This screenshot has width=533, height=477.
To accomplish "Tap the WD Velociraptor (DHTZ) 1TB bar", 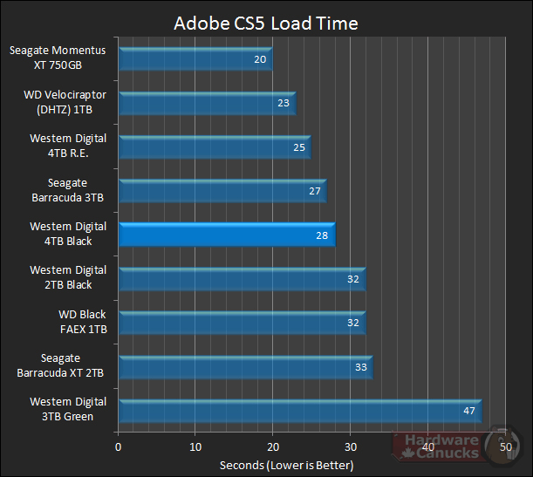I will (x=206, y=104).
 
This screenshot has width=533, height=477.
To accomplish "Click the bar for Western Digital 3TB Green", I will (x=298, y=411).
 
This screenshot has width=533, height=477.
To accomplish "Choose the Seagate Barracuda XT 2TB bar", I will (x=244, y=367).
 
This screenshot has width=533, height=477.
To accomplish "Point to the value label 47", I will (x=468, y=412).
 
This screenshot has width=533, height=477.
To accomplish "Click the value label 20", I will (x=260, y=59).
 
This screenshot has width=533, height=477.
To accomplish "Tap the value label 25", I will (x=298, y=147).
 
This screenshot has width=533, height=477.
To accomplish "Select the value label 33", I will (x=360, y=367).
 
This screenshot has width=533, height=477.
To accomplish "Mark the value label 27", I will (x=314, y=191).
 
